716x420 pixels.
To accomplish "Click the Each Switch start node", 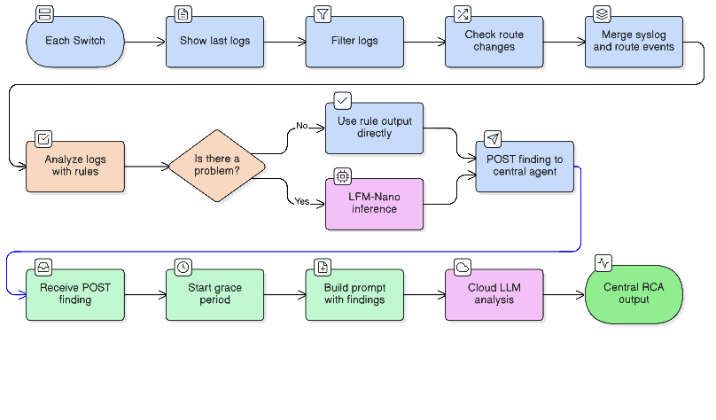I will (75, 42).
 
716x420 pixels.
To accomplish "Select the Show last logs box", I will (214, 42).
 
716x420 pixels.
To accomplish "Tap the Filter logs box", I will (354, 42).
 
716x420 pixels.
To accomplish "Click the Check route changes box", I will (494, 42).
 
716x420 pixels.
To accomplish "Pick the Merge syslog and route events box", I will (634, 42).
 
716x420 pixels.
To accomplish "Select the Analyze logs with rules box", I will (75, 166).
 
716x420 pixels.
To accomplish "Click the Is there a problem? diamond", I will (217, 166).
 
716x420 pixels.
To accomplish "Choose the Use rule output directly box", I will (375, 128).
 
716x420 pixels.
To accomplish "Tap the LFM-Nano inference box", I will (375, 203).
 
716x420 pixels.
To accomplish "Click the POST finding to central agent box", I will (525, 166).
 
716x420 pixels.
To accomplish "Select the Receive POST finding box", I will (75, 293).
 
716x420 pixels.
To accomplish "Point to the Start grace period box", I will (214, 293).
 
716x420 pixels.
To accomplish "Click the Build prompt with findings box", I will (354, 293).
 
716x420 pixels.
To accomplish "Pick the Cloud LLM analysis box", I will (494, 293).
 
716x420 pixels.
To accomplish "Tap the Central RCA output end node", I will (634, 293).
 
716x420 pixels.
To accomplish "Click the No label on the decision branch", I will (301, 127).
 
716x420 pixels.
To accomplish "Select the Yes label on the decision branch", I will (301, 202).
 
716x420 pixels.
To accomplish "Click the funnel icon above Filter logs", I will (322, 14).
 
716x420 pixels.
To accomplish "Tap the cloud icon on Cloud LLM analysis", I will (462, 267).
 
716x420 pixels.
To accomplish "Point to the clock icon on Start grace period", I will (183, 267).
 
